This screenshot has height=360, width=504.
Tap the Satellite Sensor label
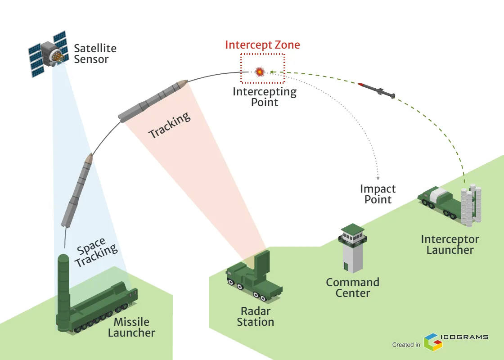pyautogui.click(x=95, y=54)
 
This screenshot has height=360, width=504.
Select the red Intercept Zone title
pyautogui.click(x=262, y=45)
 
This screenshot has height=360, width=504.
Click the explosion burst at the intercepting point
pyautogui.click(x=260, y=71)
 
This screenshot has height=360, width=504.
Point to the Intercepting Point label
pyautogui.click(x=265, y=97)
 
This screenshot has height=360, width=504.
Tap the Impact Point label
pyautogui.click(x=378, y=194)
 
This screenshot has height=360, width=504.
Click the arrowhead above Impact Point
pyautogui.click(x=378, y=178)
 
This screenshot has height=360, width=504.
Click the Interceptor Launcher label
pyautogui.click(x=450, y=244)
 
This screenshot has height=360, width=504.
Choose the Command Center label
pyautogui.click(x=353, y=288)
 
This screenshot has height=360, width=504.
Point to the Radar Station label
pyautogui.click(x=256, y=316)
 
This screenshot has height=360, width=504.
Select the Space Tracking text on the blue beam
pyautogui.click(x=95, y=252)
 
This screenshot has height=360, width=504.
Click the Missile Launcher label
pyautogui.click(x=131, y=327)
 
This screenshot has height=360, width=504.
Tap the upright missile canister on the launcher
pyautogui.click(x=63, y=288)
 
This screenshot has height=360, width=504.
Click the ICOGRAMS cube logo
pyautogui.click(x=432, y=342)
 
